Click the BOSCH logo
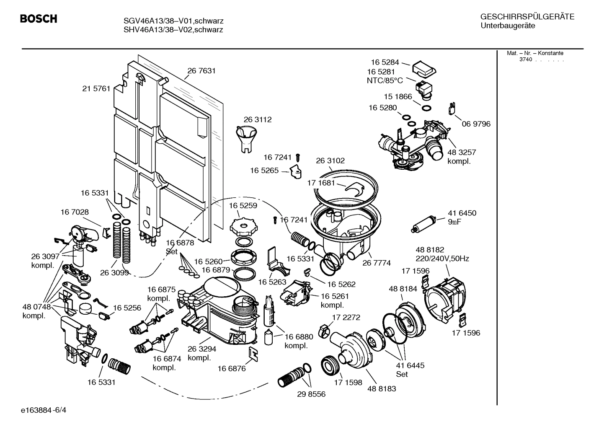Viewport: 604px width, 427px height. (39, 19)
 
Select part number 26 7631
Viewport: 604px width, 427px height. (201, 71)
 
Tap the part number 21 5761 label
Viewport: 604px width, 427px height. (96, 88)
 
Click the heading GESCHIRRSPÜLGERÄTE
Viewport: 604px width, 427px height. (527, 17)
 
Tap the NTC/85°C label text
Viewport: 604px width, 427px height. (385, 81)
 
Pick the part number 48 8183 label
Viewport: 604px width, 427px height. (382, 388)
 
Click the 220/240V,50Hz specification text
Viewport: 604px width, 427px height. (442, 259)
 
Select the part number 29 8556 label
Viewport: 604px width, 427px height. (311, 394)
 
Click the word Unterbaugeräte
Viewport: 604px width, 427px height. (508, 26)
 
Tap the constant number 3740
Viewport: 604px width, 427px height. (526, 60)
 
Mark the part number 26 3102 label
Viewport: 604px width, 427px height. (330, 160)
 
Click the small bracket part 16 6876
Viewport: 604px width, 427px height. (254, 354)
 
